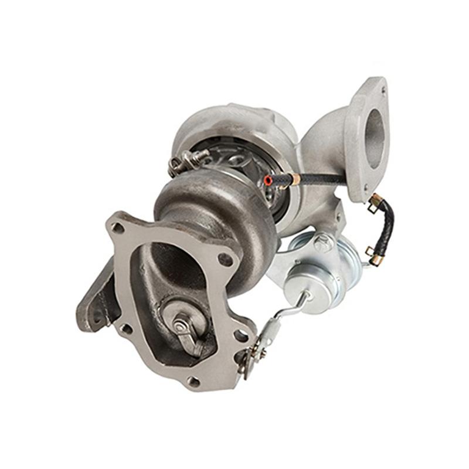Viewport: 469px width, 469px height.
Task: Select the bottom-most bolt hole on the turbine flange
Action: (x=193, y=381)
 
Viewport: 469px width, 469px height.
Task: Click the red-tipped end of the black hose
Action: (x=269, y=179)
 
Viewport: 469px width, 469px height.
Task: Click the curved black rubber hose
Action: (x=387, y=226)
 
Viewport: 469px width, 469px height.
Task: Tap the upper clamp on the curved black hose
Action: (x=374, y=202)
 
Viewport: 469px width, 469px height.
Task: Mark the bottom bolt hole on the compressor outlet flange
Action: (x=366, y=188)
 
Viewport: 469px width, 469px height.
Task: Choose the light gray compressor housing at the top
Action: (x=235, y=126)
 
